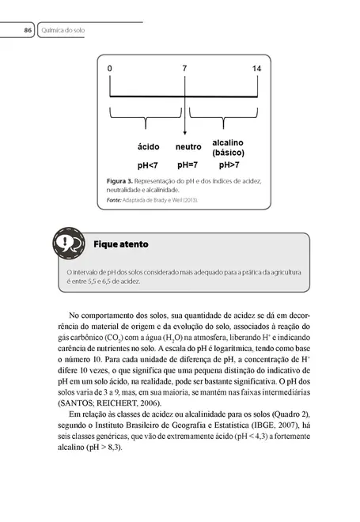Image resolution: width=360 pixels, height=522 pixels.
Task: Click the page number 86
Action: click(x=27, y=30)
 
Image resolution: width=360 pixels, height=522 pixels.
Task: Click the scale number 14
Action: click(x=256, y=70)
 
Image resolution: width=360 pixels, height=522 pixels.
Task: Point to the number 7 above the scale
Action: click(x=184, y=70)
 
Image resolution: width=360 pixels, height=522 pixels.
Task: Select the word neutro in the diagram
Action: click(x=188, y=147)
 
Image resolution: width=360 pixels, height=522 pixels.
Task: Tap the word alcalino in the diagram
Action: click(x=228, y=142)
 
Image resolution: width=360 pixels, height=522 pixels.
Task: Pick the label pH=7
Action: click(x=188, y=165)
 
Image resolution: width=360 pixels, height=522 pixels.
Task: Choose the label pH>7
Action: click(x=229, y=165)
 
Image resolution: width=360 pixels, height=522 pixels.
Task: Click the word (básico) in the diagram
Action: click(x=228, y=152)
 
